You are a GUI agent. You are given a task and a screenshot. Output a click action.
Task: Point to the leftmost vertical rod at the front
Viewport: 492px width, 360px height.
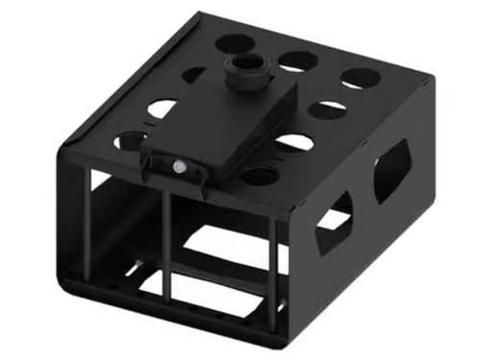(x=93, y=230)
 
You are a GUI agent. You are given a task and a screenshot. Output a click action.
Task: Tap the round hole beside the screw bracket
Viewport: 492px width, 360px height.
(x=258, y=175)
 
